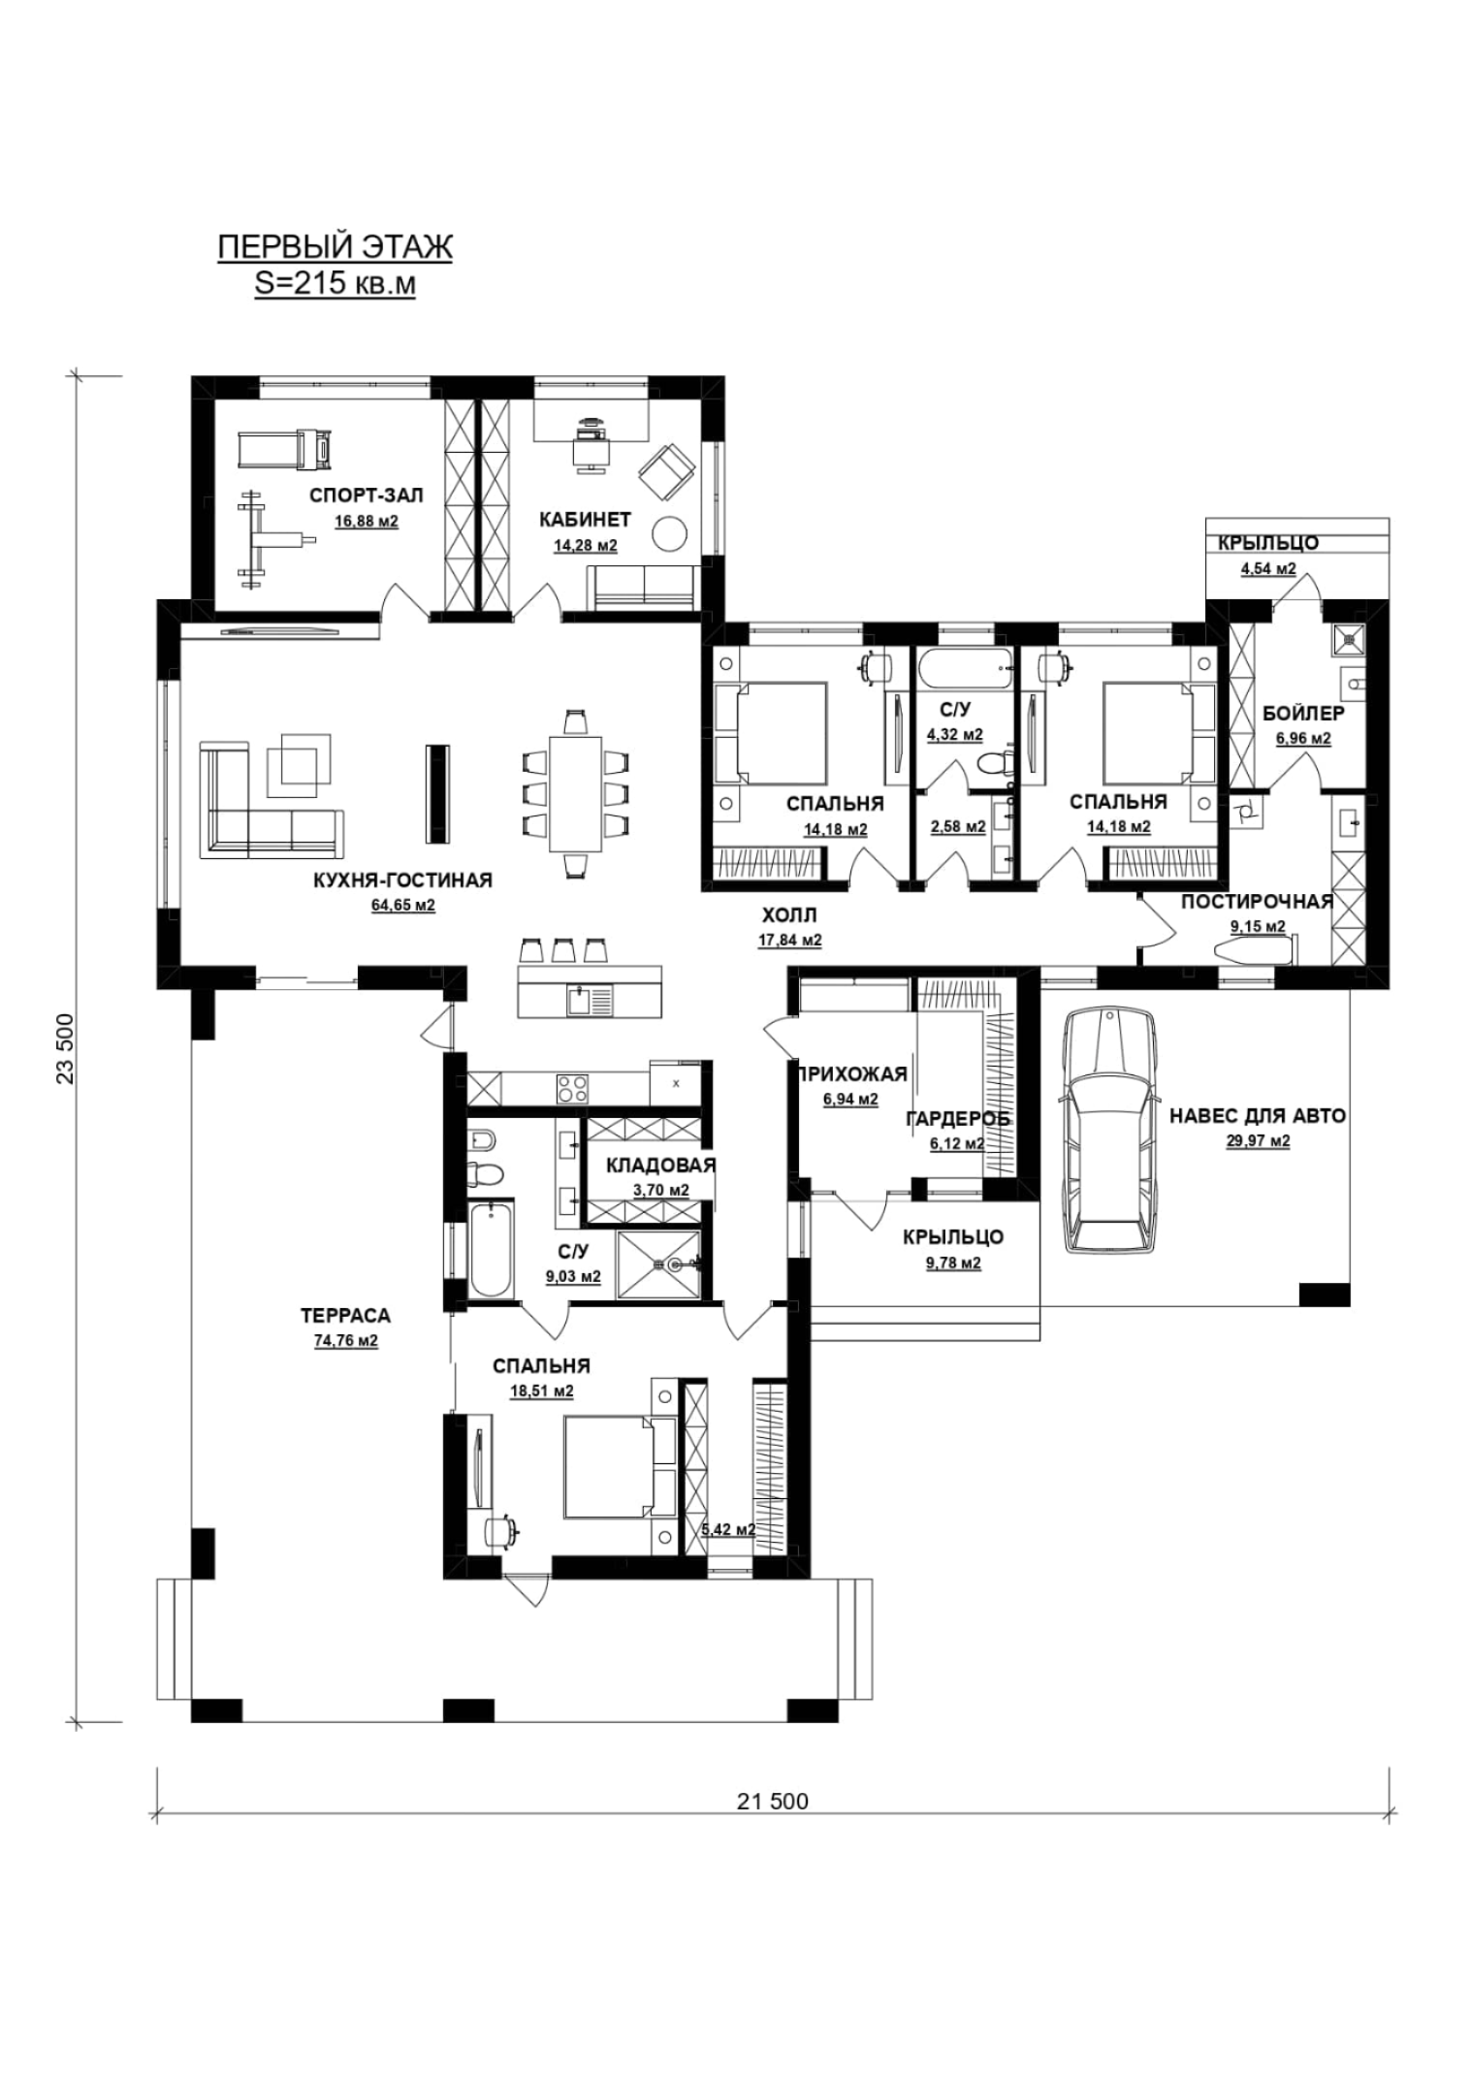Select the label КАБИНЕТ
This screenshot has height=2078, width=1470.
point(585,520)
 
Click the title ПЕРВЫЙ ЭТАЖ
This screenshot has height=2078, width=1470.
point(335,247)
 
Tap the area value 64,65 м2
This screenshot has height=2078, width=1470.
point(403,906)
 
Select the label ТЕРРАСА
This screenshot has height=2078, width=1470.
point(345,1316)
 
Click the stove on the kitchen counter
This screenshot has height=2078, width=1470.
point(572,1087)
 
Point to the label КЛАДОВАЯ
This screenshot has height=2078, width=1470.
point(660,1166)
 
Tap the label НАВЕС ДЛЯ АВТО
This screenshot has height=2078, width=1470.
point(1258,1116)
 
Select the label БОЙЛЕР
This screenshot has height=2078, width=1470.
point(1303,714)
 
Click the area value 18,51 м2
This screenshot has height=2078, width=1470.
point(542,1391)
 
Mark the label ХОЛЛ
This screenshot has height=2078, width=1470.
point(789,914)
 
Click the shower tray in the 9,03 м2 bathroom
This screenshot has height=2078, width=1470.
point(657,1263)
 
